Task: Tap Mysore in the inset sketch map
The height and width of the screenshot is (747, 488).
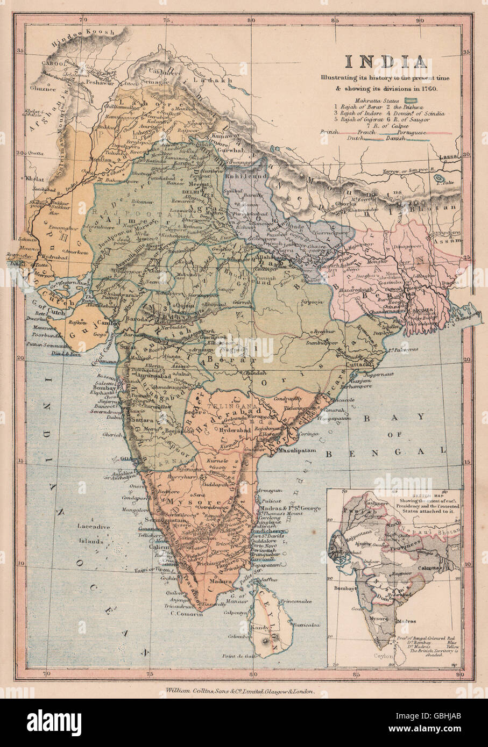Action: click(379, 619)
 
